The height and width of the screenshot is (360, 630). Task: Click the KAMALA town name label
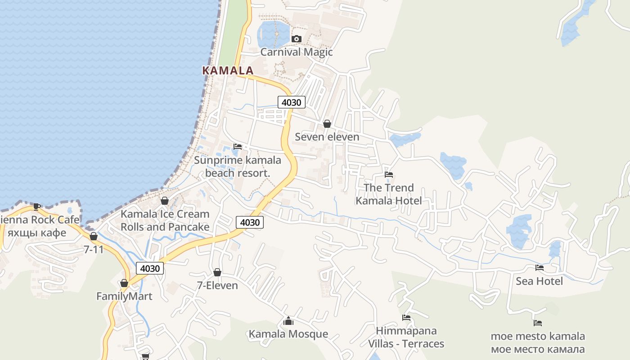tap(228, 71)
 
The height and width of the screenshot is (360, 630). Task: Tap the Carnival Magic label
tap(297, 52)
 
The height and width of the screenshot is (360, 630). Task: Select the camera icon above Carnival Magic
tap(296, 39)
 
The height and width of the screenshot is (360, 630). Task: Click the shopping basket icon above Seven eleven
tap(327, 124)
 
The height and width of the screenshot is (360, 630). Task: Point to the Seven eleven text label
tap(327, 137)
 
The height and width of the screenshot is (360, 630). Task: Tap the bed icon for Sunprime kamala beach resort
tap(238, 147)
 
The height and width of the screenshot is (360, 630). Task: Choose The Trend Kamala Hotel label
tap(389, 194)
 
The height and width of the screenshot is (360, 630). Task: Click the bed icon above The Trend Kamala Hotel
tap(389, 175)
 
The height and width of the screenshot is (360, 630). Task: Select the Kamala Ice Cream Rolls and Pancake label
tap(165, 220)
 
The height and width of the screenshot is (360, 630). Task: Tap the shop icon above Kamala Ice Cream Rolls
tap(165, 201)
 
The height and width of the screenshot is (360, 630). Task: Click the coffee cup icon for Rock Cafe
tap(36, 207)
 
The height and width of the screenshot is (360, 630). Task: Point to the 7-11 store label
tap(94, 249)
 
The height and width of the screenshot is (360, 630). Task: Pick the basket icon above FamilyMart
tap(124, 283)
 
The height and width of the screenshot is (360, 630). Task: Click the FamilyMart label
tap(124, 297)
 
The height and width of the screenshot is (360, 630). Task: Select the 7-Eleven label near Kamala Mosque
tap(217, 285)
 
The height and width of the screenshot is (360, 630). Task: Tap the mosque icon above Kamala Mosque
tap(288, 321)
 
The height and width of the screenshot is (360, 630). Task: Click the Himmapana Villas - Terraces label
tap(406, 337)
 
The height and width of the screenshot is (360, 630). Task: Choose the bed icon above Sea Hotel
tap(540, 268)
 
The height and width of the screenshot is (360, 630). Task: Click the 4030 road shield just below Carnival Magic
tap(291, 102)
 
